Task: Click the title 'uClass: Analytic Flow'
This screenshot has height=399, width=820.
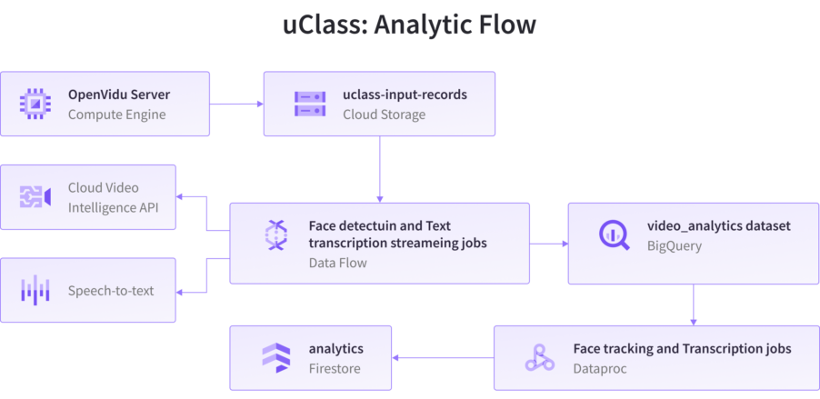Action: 409,25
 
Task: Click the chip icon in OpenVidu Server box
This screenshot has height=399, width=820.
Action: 35,104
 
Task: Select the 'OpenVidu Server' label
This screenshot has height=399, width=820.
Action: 119,95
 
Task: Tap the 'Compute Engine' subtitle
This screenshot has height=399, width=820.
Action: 116,115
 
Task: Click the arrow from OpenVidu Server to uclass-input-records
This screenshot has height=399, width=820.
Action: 236,104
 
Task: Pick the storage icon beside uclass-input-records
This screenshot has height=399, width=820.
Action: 309,104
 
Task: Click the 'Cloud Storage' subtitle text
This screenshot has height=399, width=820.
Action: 384,115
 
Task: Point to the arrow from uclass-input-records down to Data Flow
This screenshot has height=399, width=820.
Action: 379,169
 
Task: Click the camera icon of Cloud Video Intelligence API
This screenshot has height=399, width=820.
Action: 35,197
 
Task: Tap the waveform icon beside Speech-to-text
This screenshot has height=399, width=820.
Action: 35,291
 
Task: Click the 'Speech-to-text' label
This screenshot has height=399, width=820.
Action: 111,291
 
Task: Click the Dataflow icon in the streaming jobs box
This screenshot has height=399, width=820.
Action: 275,235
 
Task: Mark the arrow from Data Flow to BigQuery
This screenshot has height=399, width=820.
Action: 548,244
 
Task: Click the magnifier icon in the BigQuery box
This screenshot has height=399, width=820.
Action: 614,234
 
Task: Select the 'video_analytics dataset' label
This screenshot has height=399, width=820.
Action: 718,224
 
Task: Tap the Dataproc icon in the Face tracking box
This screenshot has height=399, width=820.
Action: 539,358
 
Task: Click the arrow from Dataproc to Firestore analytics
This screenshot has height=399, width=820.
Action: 442,357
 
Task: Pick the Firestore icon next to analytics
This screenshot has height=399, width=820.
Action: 275,358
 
